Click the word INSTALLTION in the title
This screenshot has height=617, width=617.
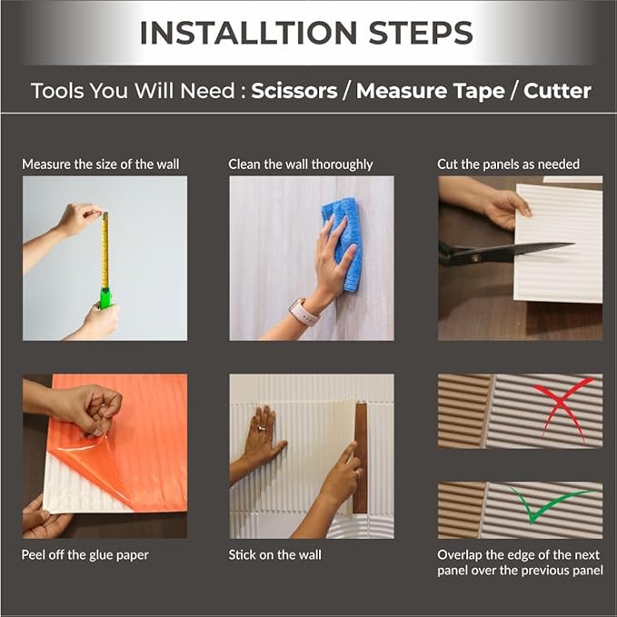pyautogui.click(x=248, y=33)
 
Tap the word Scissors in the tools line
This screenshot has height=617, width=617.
pyautogui.click(x=294, y=91)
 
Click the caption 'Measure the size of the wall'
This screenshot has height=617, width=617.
pyautogui.click(x=100, y=164)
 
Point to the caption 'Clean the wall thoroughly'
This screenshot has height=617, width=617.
pyautogui.click(x=300, y=164)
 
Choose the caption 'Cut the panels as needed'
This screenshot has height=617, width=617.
pyautogui.click(x=508, y=164)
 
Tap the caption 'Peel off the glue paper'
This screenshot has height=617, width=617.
pyautogui.click(x=85, y=555)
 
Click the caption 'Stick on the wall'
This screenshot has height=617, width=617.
pyautogui.click(x=274, y=555)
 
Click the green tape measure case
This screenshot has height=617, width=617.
pyautogui.click(x=106, y=298)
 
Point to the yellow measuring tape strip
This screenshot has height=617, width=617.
pyautogui.click(x=105, y=251)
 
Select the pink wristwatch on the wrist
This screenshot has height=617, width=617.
pyautogui.click(x=304, y=313)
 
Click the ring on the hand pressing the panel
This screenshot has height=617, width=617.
pyautogui.click(x=262, y=428)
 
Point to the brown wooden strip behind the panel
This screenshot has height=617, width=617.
pyautogui.click(x=360, y=458)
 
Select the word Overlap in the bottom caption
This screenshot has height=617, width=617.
pyautogui.click(x=459, y=555)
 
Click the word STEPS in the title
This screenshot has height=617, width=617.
pyautogui.click(x=421, y=33)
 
